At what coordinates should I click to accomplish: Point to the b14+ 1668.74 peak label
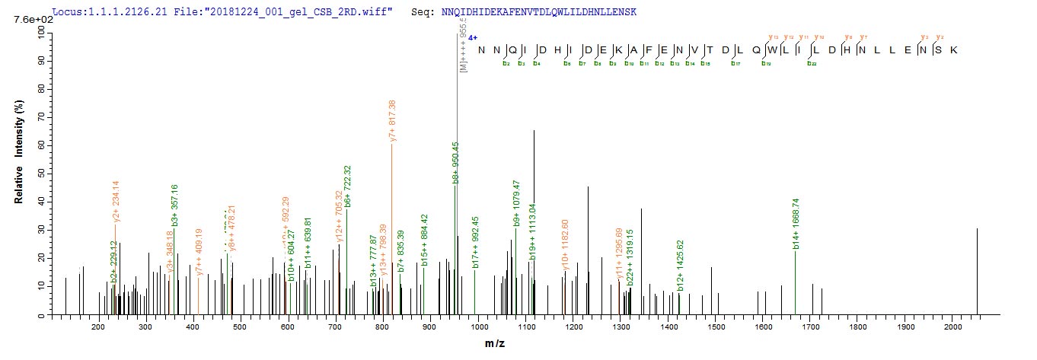[796, 225]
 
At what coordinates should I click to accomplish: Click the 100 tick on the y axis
[36, 31]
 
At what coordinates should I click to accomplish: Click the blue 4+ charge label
[472, 36]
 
